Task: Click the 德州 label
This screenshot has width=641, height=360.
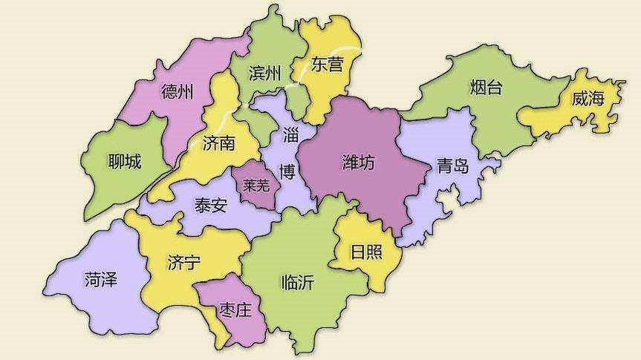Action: point(177,92)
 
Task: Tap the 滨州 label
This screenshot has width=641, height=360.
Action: point(265,73)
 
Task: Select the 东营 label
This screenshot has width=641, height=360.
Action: point(327,65)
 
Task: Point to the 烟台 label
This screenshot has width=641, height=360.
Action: point(487,88)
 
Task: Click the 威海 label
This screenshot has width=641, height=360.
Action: point(588,98)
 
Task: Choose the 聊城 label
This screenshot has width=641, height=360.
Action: point(124,160)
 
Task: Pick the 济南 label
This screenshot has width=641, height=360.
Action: point(218,143)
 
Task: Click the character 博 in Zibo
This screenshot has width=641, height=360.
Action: point(287,172)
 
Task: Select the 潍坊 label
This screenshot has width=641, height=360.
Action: point(358,163)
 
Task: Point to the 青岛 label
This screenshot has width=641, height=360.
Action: point(452,166)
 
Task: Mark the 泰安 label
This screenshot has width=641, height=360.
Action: point(210,206)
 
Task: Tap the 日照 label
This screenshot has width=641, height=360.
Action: point(367,252)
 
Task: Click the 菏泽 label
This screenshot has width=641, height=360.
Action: point(102,279)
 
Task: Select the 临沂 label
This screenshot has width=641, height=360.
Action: point(297,281)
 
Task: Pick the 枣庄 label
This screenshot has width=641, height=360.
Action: point(235,310)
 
